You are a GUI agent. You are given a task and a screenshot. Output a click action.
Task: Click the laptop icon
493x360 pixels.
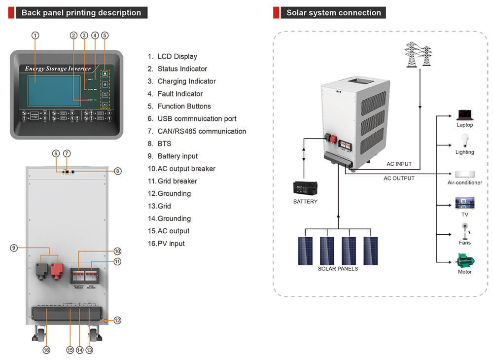tap(464, 115)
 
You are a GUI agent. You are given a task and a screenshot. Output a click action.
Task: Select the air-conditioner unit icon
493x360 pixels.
tap(464, 174)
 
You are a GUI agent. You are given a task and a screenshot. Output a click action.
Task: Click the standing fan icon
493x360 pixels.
tap(464, 230)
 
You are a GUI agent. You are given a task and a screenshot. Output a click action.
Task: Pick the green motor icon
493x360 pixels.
tap(464, 260)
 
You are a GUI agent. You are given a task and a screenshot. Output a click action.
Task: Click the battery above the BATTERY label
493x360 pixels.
tap(305, 188)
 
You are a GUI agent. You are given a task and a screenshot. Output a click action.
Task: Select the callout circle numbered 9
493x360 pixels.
tap(14, 248)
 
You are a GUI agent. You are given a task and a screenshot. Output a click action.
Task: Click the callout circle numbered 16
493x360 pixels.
tap(46, 350)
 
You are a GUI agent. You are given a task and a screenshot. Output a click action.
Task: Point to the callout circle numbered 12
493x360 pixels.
tap(117, 320)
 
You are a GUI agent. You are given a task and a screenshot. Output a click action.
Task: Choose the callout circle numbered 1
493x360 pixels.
tap(35, 36)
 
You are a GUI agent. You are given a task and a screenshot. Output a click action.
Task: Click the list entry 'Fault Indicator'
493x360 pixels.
tap(180, 94)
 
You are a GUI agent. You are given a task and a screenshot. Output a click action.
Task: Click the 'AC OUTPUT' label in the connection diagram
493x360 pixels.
tap(399, 178)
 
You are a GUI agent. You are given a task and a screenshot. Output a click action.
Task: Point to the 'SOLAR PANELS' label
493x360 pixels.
tap(338, 269)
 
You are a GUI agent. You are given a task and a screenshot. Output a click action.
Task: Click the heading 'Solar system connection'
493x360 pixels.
tap(333, 13)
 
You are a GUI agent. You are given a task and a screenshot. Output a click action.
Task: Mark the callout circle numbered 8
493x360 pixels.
tap(117, 171)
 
